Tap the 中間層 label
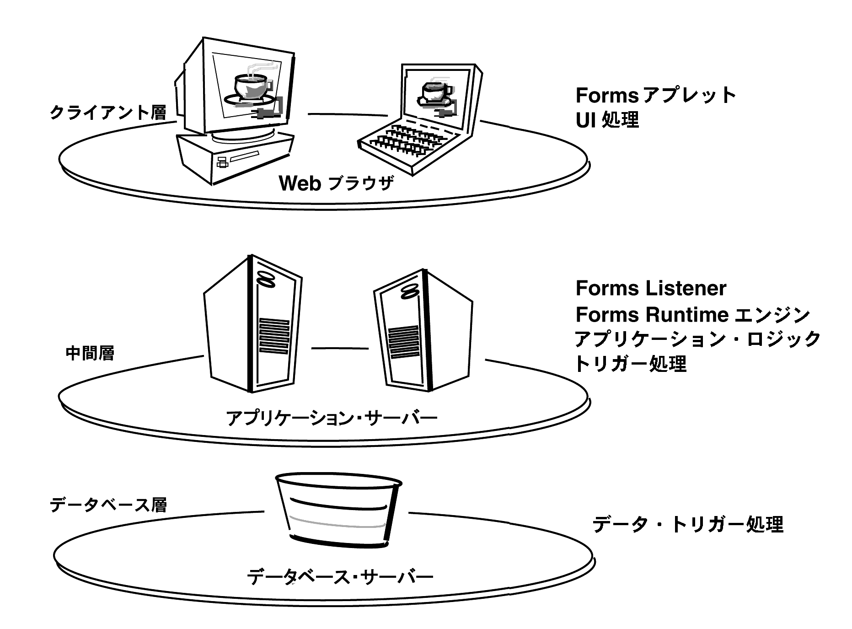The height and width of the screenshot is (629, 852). pyautogui.click(x=90, y=353)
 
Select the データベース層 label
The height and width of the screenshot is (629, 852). pyautogui.click(x=108, y=505)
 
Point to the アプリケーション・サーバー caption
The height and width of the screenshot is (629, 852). pyautogui.click(x=332, y=418)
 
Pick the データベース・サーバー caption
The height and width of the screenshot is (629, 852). pyautogui.click(x=339, y=577)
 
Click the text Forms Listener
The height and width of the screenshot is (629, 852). pyautogui.click(x=651, y=289)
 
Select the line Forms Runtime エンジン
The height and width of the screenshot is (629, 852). pyautogui.click(x=692, y=315)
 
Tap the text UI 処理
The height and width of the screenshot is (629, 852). pyautogui.click(x=607, y=120)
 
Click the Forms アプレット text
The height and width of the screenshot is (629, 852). pyautogui.click(x=656, y=96)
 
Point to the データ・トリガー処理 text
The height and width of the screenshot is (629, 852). pyautogui.click(x=688, y=525)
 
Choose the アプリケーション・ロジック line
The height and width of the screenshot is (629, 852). pyautogui.click(x=697, y=339)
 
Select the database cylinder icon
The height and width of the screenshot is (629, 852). pyautogui.click(x=338, y=511)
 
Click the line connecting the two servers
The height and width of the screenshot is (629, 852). pyautogui.click(x=340, y=349)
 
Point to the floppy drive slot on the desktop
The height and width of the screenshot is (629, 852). pyautogui.click(x=245, y=157)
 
